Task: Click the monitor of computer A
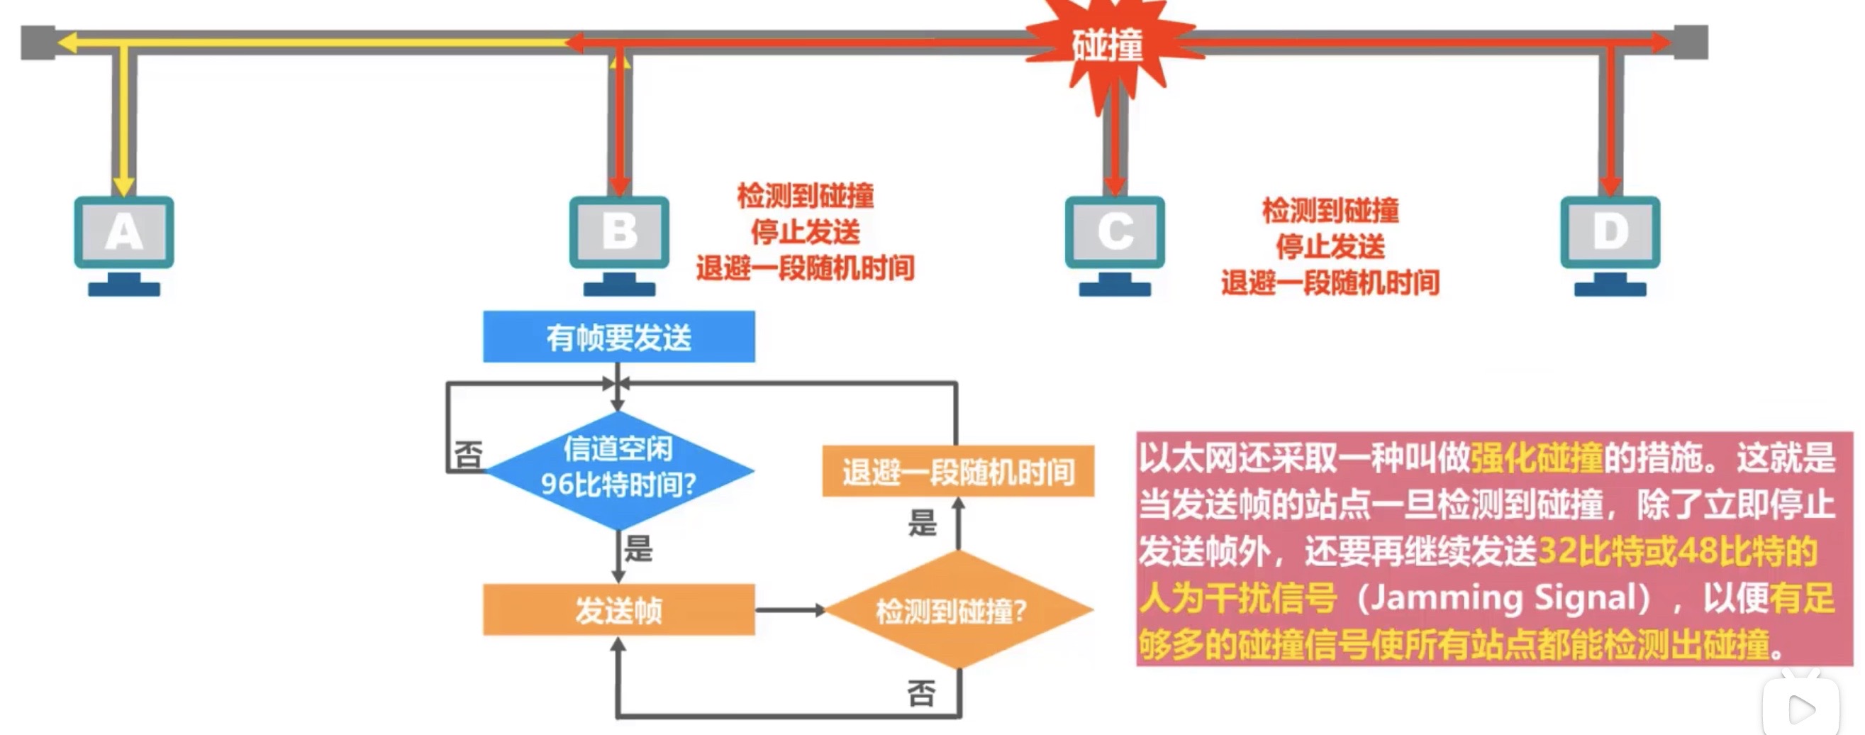(124, 233)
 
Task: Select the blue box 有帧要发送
(618, 337)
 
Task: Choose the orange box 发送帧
(618, 609)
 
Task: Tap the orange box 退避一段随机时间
(957, 471)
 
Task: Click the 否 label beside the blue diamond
(468, 455)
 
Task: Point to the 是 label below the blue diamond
(638, 548)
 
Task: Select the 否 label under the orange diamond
(921, 693)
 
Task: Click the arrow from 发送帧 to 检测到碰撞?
(789, 610)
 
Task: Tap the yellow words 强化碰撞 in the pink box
(1536, 458)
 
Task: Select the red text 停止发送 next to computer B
(805, 233)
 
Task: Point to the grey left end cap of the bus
(38, 43)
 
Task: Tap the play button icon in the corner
(1800, 708)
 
